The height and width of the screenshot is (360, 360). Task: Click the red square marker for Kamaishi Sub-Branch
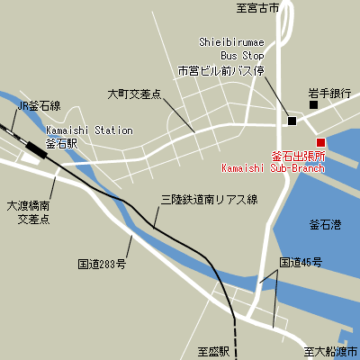click(x=320, y=141)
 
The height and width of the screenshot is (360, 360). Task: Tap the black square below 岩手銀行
click(x=313, y=106)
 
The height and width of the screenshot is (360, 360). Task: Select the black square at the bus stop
click(x=292, y=121)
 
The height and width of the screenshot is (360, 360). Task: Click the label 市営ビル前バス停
click(x=220, y=69)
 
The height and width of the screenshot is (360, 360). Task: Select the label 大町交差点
click(x=134, y=93)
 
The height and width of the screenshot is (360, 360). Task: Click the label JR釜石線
click(x=39, y=105)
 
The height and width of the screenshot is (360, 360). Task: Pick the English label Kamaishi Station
click(x=89, y=130)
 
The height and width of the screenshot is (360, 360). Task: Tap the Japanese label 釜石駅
click(x=62, y=143)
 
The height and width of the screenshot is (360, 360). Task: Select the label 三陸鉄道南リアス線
click(x=209, y=199)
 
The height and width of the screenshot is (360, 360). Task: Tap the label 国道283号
click(x=102, y=265)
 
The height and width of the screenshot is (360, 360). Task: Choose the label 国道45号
click(x=300, y=263)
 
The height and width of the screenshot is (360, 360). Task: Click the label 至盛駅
click(x=214, y=351)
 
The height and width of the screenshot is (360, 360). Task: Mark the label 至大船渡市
click(x=330, y=351)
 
